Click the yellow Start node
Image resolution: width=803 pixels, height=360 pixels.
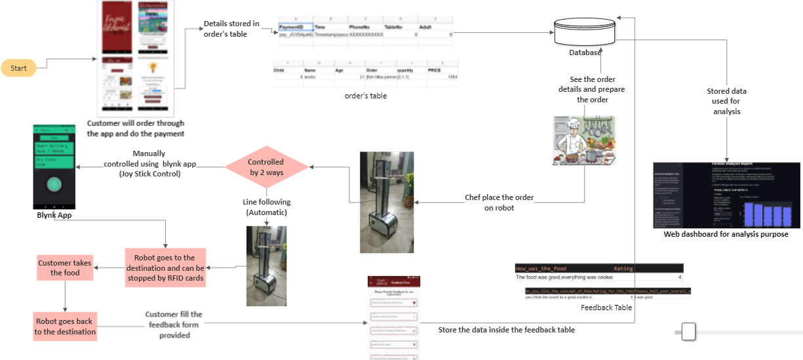18,68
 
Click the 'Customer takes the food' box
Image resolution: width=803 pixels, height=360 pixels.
64,267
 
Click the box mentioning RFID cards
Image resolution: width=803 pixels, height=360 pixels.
165,268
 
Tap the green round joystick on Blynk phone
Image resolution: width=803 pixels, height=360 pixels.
54,184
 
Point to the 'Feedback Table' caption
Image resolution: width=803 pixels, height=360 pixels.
606,307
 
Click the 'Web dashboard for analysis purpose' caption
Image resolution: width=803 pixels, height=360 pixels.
726,233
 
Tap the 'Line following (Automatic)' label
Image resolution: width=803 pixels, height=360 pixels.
266,207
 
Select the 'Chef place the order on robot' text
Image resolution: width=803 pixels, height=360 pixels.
499,203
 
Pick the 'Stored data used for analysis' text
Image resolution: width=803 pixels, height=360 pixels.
726,101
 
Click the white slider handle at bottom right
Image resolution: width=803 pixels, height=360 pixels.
688,332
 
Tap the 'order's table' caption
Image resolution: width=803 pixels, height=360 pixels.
365,96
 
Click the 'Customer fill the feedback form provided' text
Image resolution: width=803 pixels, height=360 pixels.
174,325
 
